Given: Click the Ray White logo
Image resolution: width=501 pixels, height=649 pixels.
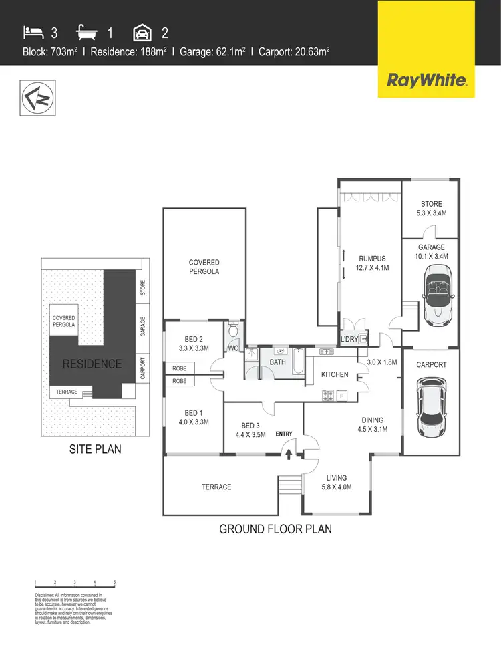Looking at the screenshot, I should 426,81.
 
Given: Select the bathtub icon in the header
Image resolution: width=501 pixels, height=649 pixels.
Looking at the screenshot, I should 87,31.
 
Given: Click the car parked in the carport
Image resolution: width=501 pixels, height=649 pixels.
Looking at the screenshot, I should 431,407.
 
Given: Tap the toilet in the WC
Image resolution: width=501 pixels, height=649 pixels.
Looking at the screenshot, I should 233,331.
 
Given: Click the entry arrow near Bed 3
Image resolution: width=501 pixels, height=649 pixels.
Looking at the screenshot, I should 289,454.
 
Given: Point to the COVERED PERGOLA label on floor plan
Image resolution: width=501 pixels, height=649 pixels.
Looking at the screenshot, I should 204,267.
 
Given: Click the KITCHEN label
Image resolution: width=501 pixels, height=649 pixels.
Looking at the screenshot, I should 335,374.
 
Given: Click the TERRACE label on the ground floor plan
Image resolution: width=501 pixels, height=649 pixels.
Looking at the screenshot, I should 217,487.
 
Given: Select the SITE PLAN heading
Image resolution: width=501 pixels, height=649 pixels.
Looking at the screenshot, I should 96,449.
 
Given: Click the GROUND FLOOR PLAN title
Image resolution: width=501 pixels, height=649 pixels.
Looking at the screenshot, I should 275,529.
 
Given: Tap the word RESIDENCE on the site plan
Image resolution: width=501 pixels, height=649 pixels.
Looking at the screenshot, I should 92,364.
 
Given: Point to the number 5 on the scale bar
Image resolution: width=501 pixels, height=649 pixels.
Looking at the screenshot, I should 115,583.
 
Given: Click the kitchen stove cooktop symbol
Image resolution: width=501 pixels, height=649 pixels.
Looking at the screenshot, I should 329,396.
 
